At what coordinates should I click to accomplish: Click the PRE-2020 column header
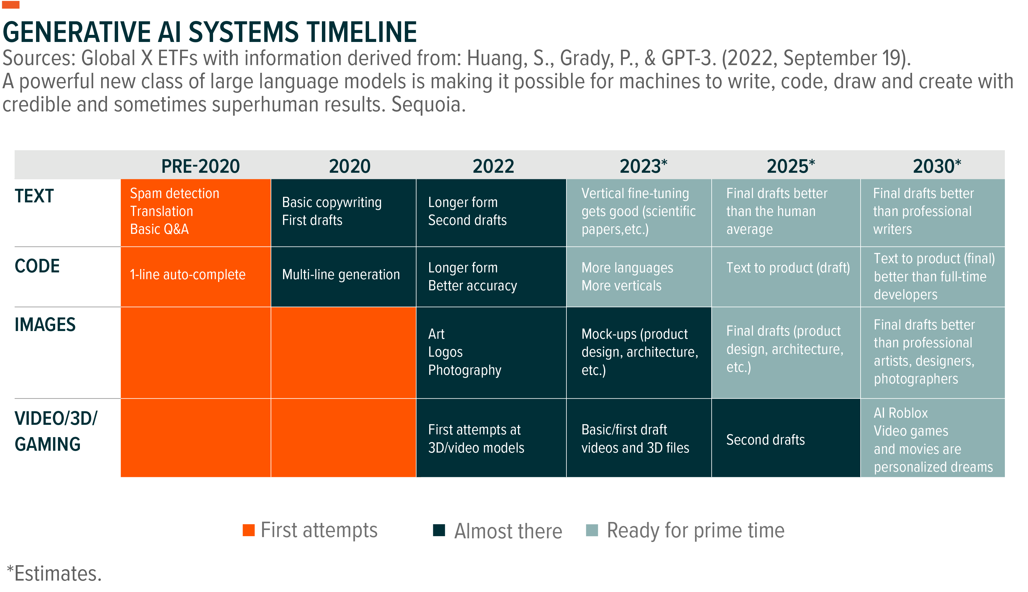tap(200, 166)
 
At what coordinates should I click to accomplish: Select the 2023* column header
tap(643, 166)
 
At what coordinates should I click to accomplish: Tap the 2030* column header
tap(936, 166)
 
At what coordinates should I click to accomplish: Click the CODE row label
tap(37, 266)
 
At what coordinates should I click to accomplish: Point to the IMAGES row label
tap(45, 325)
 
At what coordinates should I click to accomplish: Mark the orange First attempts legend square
tap(248, 530)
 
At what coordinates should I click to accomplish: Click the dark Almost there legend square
tap(439, 530)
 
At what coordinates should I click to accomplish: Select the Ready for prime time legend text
tap(695, 530)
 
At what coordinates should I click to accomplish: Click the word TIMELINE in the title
tap(362, 32)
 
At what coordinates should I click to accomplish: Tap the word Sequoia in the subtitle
tap(428, 105)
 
